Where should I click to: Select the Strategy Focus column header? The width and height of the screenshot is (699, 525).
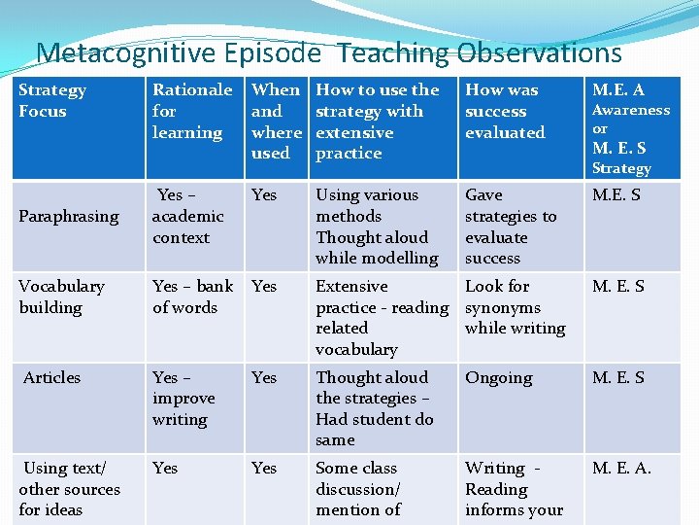[52, 100]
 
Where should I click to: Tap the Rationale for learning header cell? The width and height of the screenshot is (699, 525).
[191, 111]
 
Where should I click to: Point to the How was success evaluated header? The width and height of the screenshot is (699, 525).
[505, 111]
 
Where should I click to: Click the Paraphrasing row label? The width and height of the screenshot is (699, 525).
[69, 216]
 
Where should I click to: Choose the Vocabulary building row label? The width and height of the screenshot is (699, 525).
[61, 297]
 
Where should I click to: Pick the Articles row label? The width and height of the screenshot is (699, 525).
[52, 377]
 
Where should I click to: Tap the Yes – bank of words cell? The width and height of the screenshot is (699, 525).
[192, 297]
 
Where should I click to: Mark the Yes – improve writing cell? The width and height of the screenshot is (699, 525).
[183, 399]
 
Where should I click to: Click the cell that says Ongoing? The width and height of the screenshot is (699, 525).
[498, 377]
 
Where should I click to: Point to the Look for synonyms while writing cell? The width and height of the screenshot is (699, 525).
[515, 307]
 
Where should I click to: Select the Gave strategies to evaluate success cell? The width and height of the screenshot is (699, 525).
[511, 227]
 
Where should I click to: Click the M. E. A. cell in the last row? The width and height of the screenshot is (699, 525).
[621, 469]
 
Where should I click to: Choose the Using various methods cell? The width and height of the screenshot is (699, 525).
[377, 227]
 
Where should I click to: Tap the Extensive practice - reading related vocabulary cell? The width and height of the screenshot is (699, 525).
[382, 318]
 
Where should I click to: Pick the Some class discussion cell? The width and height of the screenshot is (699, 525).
[358, 489]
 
